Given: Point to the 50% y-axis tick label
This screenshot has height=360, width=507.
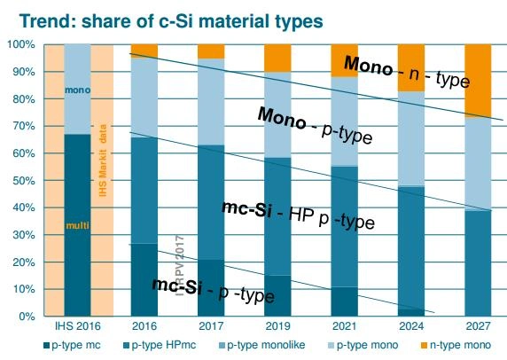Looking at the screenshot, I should (23, 181).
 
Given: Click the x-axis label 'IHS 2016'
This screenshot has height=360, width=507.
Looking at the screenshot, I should (77, 325).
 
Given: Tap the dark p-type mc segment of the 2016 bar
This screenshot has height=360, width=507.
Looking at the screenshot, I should (144, 279).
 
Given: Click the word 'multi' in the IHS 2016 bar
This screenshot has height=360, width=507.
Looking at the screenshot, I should (77, 227).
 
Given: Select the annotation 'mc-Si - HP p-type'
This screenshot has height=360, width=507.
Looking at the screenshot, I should (296, 215).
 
